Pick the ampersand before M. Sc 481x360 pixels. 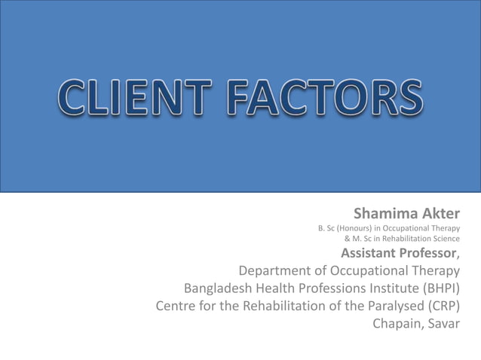click(x=347, y=239)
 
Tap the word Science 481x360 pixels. click(x=443, y=239)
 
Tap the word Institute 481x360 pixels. click(x=401, y=288)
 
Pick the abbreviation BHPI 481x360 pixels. click(x=443, y=288)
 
